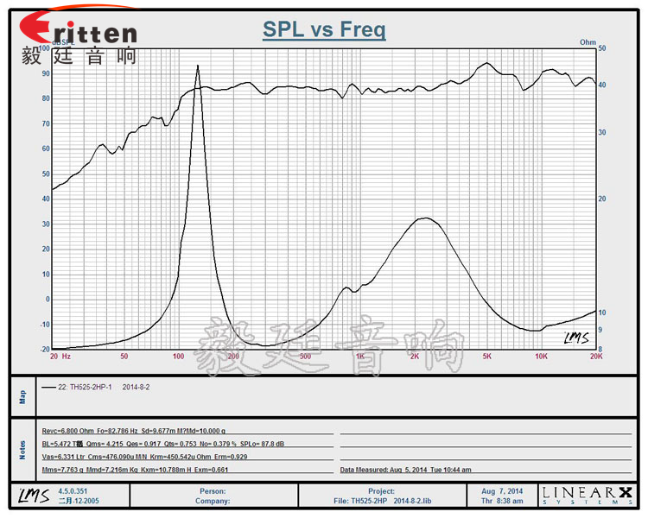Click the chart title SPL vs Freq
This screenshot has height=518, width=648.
[324, 31]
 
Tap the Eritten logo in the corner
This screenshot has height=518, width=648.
[79, 32]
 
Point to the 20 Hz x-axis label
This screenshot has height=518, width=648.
[60, 356]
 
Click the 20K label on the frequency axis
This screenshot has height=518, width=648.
[594, 356]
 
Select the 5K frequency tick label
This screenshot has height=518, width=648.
[487, 356]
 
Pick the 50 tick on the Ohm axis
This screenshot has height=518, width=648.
[601, 48]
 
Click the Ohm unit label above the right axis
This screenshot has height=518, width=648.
[588, 41]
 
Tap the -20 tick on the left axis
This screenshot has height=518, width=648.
[44, 349]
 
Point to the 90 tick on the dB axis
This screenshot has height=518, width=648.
[45, 73]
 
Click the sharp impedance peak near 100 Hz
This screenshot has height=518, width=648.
[198, 66]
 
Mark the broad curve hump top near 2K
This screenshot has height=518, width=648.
[423, 218]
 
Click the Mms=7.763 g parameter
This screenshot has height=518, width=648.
[66, 471]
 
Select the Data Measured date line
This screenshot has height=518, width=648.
[406, 471]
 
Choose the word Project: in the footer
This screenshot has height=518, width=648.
[380, 490]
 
